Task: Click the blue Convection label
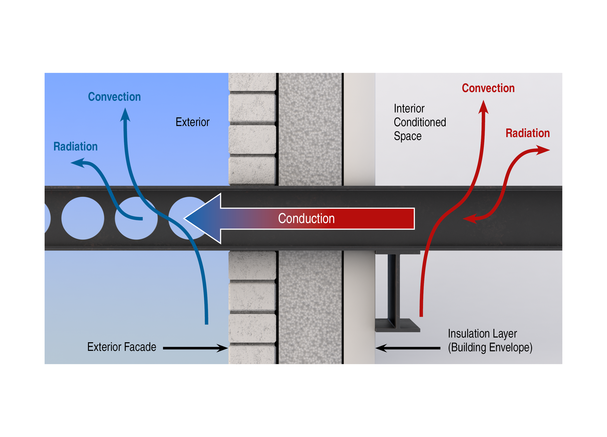pos(114,97)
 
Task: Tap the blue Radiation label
pos(75,147)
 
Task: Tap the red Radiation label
pos(527,133)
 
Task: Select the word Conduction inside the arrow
pos(306,219)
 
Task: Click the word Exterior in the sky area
pos(192,122)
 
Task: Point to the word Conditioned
pos(420,122)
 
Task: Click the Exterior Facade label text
pos(121,347)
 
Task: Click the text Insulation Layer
pos(482,334)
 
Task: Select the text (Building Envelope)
pos(490,348)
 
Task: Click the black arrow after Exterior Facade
pos(195,348)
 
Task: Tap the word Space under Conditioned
pos(407,136)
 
